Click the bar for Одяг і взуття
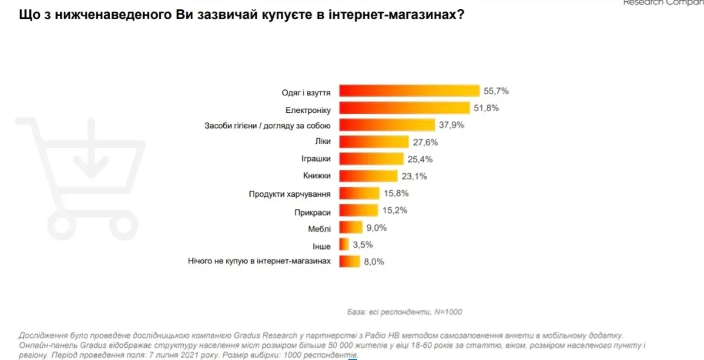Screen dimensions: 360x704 (409, 91)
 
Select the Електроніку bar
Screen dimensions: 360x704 (404, 109)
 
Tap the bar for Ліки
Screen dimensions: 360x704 (373, 142)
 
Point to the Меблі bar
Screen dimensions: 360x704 (350, 228)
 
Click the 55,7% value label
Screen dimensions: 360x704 (496, 91)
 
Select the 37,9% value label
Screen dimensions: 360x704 (450, 126)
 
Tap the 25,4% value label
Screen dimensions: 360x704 (418, 160)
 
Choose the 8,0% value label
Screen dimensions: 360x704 (373, 262)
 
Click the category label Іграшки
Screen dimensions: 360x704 (316, 160)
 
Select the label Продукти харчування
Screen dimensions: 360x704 (289, 194)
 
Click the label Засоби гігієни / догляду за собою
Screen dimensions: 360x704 (267, 126)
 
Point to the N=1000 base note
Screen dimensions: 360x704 (448, 311)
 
